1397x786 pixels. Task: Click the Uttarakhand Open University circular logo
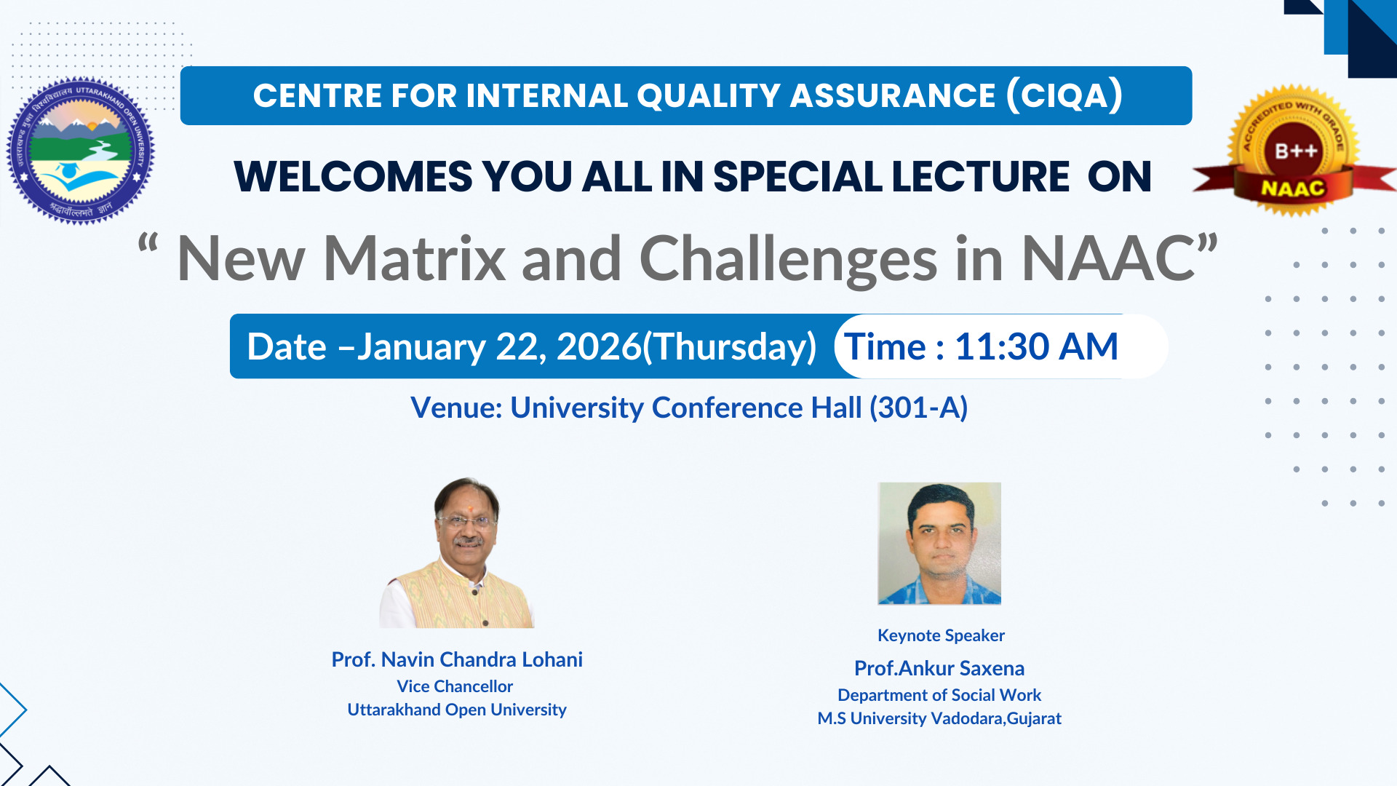tap(81, 151)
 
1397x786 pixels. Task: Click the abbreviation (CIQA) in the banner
tap(1064, 95)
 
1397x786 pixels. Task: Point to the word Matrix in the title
tap(414, 258)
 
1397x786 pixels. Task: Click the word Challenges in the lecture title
tap(788, 260)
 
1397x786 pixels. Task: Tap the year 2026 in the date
tap(599, 346)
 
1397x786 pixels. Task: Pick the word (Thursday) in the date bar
tap(730, 347)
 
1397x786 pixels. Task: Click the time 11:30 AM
tap(1036, 346)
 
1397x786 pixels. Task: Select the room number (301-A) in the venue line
tap(919, 408)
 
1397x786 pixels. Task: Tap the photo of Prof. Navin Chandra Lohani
tap(457, 552)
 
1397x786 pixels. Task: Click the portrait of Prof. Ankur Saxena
tap(939, 544)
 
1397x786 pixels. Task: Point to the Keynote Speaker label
tap(941, 635)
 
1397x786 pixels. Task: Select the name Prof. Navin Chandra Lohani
tap(457, 659)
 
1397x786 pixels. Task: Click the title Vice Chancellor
tap(455, 686)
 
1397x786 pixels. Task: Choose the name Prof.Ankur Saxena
tap(939, 668)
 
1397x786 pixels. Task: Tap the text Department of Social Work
tap(939, 695)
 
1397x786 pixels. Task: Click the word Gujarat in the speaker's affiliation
tap(1034, 718)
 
